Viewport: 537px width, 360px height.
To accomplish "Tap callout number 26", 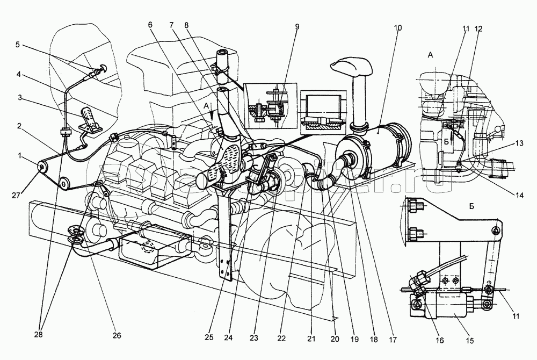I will click(x=117, y=336).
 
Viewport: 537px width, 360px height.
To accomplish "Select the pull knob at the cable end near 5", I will click(x=99, y=68).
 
